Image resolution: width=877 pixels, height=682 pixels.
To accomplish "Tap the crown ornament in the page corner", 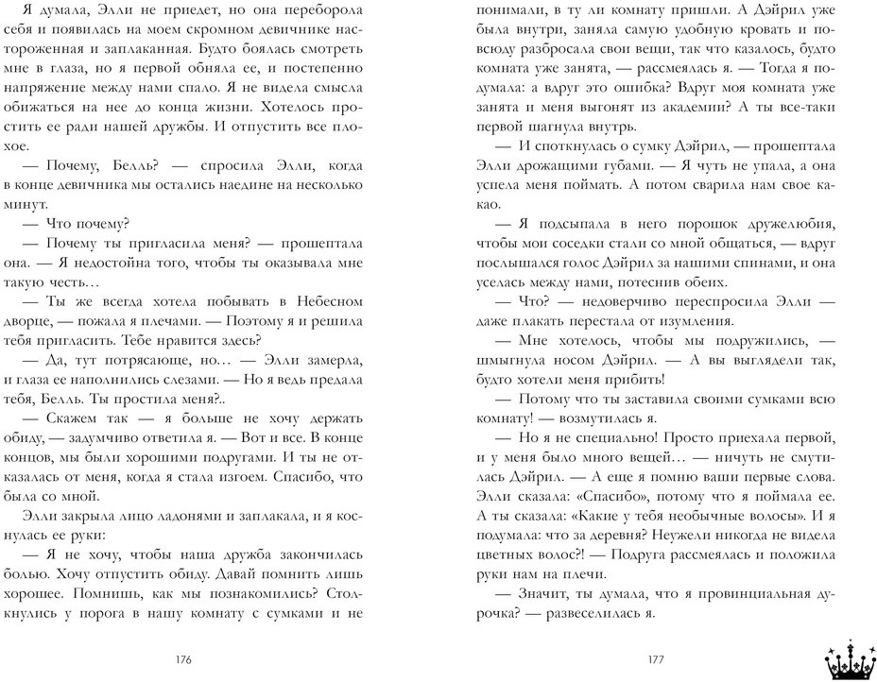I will click(847, 656).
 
